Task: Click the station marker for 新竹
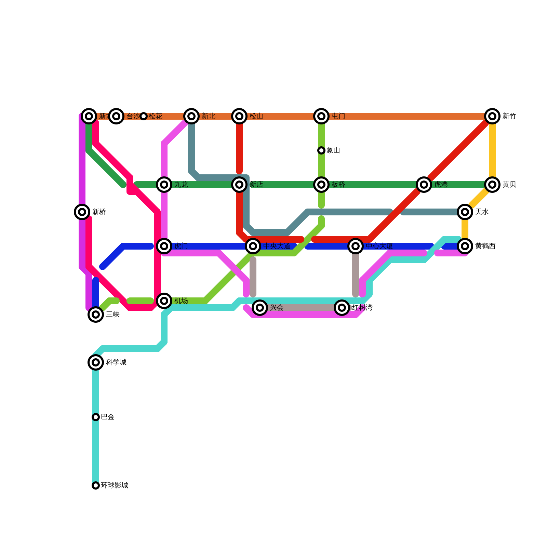(x=492, y=116)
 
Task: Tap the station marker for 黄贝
(x=492, y=185)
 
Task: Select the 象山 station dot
(x=321, y=150)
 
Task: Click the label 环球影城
(x=115, y=485)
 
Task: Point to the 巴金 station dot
(x=96, y=417)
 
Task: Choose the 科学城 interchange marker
(x=96, y=362)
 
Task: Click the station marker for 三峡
(x=96, y=315)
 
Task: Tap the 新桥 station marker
(x=82, y=212)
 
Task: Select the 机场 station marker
(x=164, y=301)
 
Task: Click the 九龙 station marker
(x=164, y=185)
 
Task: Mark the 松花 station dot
(x=144, y=116)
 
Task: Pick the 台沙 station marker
(x=116, y=116)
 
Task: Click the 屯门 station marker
(x=321, y=116)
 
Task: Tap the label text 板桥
(x=338, y=185)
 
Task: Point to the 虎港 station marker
(x=424, y=185)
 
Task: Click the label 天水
(x=482, y=212)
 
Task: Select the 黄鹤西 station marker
(x=465, y=246)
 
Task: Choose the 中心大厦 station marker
(x=356, y=246)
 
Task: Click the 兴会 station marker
(x=260, y=308)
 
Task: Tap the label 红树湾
(x=362, y=308)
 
